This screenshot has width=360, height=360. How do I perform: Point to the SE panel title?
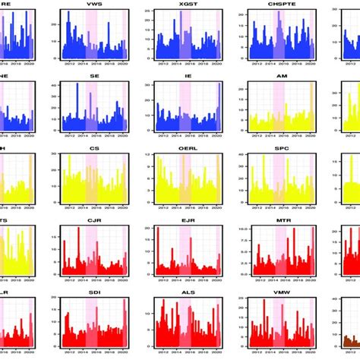(x=95, y=76)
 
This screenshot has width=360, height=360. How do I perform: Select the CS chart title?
(x=95, y=149)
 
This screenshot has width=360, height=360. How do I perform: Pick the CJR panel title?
(x=95, y=221)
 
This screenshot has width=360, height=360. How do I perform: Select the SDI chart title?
(x=95, y=293)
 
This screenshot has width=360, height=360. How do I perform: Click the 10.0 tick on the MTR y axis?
(x=240, y=229)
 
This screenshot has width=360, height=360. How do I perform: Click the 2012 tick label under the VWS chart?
(x=70, y=65)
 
